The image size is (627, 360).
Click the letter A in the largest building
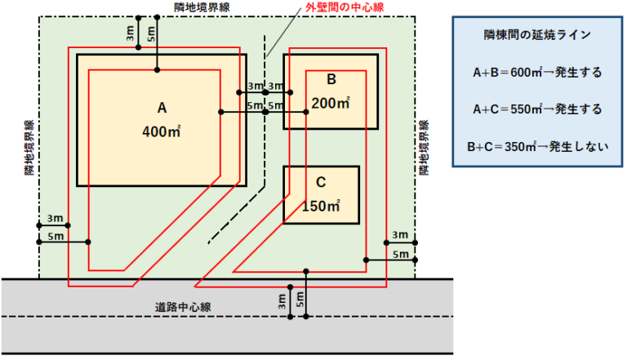162,108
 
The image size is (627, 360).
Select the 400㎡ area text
162,131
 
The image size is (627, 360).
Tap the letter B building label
331,79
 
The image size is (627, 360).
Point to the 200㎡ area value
331,103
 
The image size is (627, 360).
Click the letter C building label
321,182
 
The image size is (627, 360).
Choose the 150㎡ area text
321,206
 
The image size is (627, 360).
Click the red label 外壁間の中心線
345,7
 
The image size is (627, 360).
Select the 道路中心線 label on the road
183,307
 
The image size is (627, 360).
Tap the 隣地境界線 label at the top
202,7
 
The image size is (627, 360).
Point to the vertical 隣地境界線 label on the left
29,148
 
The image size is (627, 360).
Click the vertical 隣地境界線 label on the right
424,148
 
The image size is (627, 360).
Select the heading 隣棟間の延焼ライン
537,35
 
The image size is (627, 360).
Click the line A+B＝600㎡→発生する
537,73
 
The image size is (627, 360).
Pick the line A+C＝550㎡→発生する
537,109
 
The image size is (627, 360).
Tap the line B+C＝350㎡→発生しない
537,147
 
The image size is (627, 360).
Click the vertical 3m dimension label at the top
130,33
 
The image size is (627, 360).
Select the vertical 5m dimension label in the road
300,299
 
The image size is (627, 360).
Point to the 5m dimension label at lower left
56,237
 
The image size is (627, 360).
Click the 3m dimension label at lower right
400,235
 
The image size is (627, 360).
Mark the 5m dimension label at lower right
400,254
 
